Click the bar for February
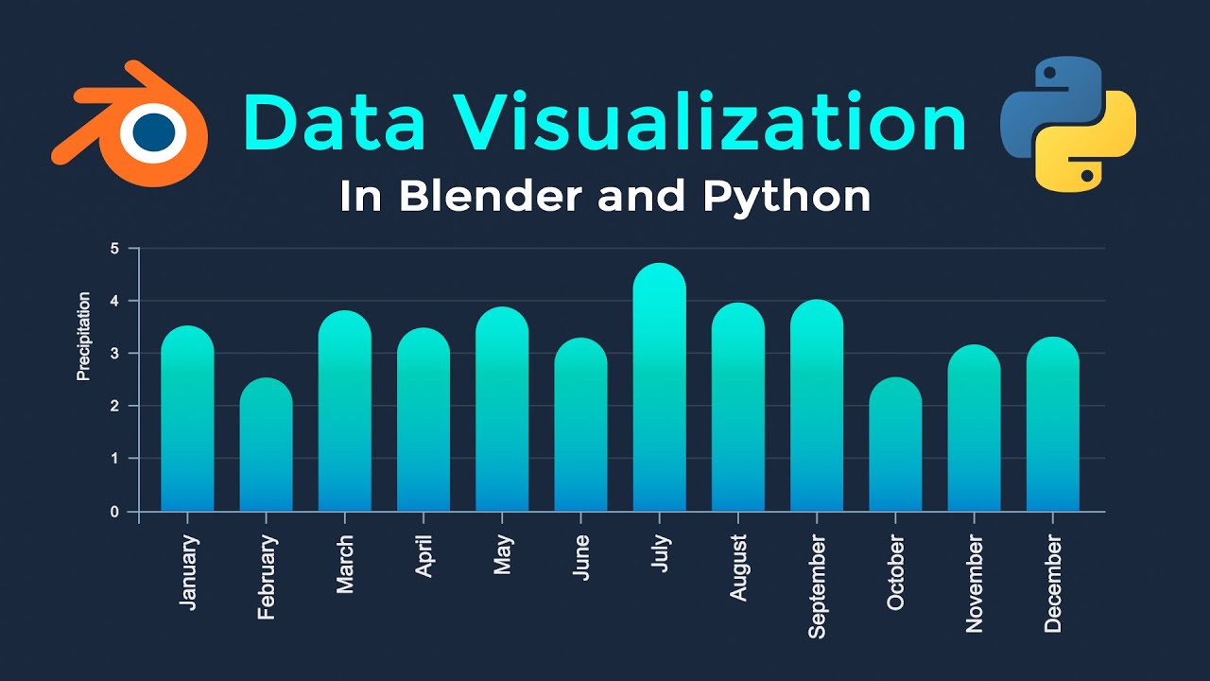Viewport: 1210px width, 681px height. [x=266, y=445]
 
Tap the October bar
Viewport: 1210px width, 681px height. [x=895, y=445]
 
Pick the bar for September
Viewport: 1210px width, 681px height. [x=817, y=407]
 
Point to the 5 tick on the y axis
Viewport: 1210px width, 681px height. [x=115, y=249]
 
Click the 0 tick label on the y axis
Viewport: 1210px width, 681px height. [x=115, y=512]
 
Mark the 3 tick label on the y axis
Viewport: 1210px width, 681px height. [x=115, y=354]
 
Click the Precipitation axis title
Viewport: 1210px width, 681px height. [x=84, y=337]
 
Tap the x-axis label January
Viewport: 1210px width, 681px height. [x=188, y=572]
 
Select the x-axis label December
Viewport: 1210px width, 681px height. [x=1053, y=583]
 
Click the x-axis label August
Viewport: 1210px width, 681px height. [x=738, y=567]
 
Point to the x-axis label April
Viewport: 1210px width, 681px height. [x=423, y=556]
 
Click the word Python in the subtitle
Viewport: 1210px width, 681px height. [x=786, y=197]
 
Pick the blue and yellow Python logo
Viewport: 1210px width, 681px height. [x=1068, y=124]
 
